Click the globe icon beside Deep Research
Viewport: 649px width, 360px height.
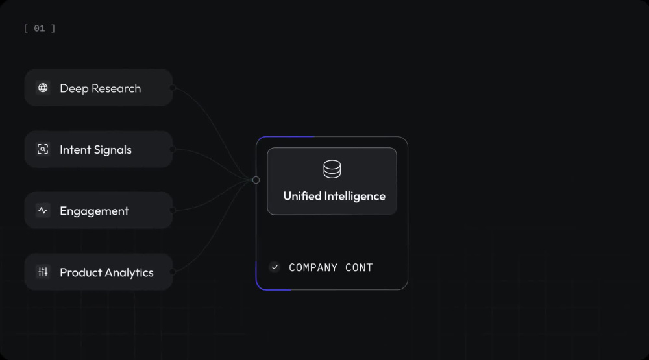(43, 88)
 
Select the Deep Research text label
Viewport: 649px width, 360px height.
(100, 89)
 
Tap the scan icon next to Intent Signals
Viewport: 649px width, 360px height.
(43, 149)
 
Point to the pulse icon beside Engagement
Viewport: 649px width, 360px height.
(43, 211)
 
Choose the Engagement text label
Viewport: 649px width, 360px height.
(94, 211)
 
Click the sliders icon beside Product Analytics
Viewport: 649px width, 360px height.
(43, 272)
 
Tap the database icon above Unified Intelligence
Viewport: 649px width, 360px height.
(332, 169)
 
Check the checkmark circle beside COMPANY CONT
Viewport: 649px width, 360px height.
(275, 267)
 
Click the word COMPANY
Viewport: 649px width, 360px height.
(313, 268)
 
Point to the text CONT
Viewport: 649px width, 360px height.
(359, 268)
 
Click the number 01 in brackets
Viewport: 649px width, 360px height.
(40, 28)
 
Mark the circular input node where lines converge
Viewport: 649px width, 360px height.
(256, 180)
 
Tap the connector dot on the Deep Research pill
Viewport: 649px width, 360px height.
(173, 88)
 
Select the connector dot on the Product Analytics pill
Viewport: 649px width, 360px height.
(173, 272)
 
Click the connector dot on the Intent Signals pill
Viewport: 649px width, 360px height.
(173, 149)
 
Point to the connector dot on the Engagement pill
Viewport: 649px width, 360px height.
(173, 211)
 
